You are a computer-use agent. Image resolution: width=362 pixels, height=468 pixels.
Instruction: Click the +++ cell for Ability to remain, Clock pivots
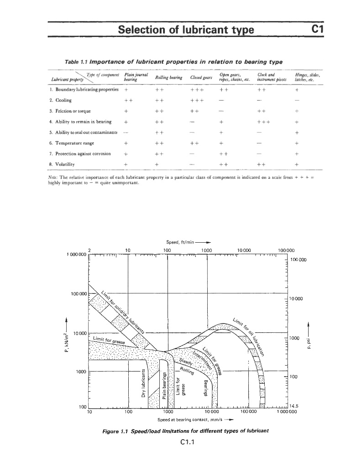click(x=264, y=120)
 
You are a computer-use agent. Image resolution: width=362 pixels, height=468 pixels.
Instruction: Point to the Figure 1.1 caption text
click(x=187, y=431)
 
